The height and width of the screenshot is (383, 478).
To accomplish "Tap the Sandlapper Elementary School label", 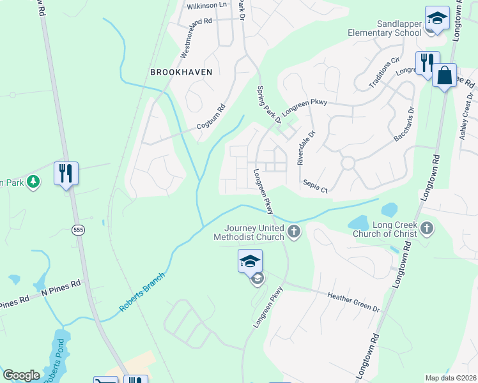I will [x=385, y=28].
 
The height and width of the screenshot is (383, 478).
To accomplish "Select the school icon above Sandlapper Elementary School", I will [x=438, y=19].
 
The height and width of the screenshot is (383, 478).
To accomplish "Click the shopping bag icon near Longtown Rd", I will [x=444, y=76].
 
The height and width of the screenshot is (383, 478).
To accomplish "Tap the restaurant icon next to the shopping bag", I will [x=427, y=64].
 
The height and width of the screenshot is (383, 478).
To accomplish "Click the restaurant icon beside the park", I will [x=66, y=174].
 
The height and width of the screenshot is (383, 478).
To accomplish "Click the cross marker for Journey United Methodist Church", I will [x=293, y=231].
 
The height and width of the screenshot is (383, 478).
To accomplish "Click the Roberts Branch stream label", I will [x=142, y=293].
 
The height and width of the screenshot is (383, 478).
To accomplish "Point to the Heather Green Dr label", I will [x=353, y=301].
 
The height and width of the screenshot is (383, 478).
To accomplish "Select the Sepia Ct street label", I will [x=315, y=186].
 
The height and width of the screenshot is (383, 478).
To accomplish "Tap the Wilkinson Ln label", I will [x=206, y=6].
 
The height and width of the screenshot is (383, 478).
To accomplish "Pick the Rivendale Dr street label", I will [x=306, y=148].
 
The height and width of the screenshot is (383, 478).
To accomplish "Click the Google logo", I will [x=21, y=375].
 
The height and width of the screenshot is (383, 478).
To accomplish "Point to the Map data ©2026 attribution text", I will [x=451, y=378].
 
